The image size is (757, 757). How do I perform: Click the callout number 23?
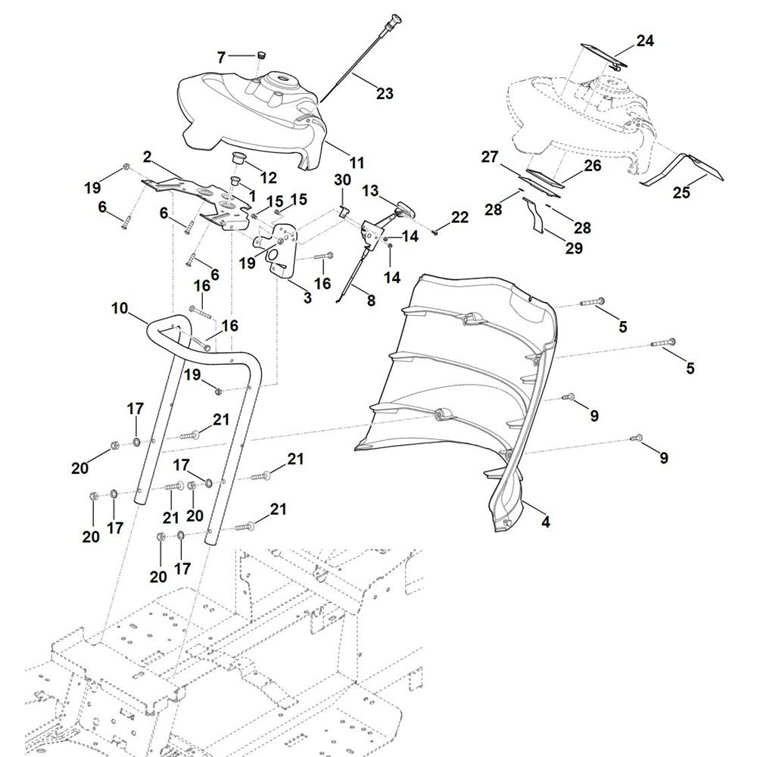tap(385, 93)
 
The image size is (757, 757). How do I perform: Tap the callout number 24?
tap(644, 42)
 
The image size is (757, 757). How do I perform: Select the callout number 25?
tap(681, 193)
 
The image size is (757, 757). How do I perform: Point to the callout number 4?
tap(546, 522)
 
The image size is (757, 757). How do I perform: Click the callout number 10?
tap(120, 308)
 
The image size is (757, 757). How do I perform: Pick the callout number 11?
tap(357, 162)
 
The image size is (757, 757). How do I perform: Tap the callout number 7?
tap(221, 57)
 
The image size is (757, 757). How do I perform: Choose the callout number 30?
tap(343, 179)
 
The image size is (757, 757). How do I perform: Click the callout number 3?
tap(307, 298)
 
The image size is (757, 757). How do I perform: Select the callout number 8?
tap(370, 299)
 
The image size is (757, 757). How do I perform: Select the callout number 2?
tap(147, 158)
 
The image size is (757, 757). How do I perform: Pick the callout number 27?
tap(490, 157)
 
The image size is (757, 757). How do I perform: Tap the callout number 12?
tap(269, 179)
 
